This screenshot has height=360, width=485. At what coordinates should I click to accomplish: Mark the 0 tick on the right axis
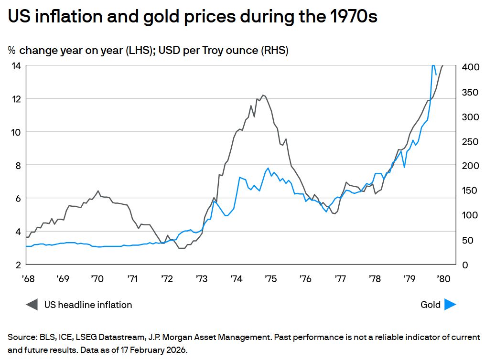point(463,265)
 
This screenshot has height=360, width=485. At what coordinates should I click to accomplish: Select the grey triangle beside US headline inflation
point(32,304)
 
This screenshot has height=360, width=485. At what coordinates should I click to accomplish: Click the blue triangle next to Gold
point(450,304)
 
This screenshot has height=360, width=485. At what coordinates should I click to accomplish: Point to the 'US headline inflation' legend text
point(88,305)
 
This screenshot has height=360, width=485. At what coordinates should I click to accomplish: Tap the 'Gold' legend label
point(431,305)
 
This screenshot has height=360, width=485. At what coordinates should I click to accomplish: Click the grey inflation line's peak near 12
point(263,95)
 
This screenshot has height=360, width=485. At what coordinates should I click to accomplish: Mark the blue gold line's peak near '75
point(269,168)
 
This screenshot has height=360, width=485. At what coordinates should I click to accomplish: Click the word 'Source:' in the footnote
point(22,337)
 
